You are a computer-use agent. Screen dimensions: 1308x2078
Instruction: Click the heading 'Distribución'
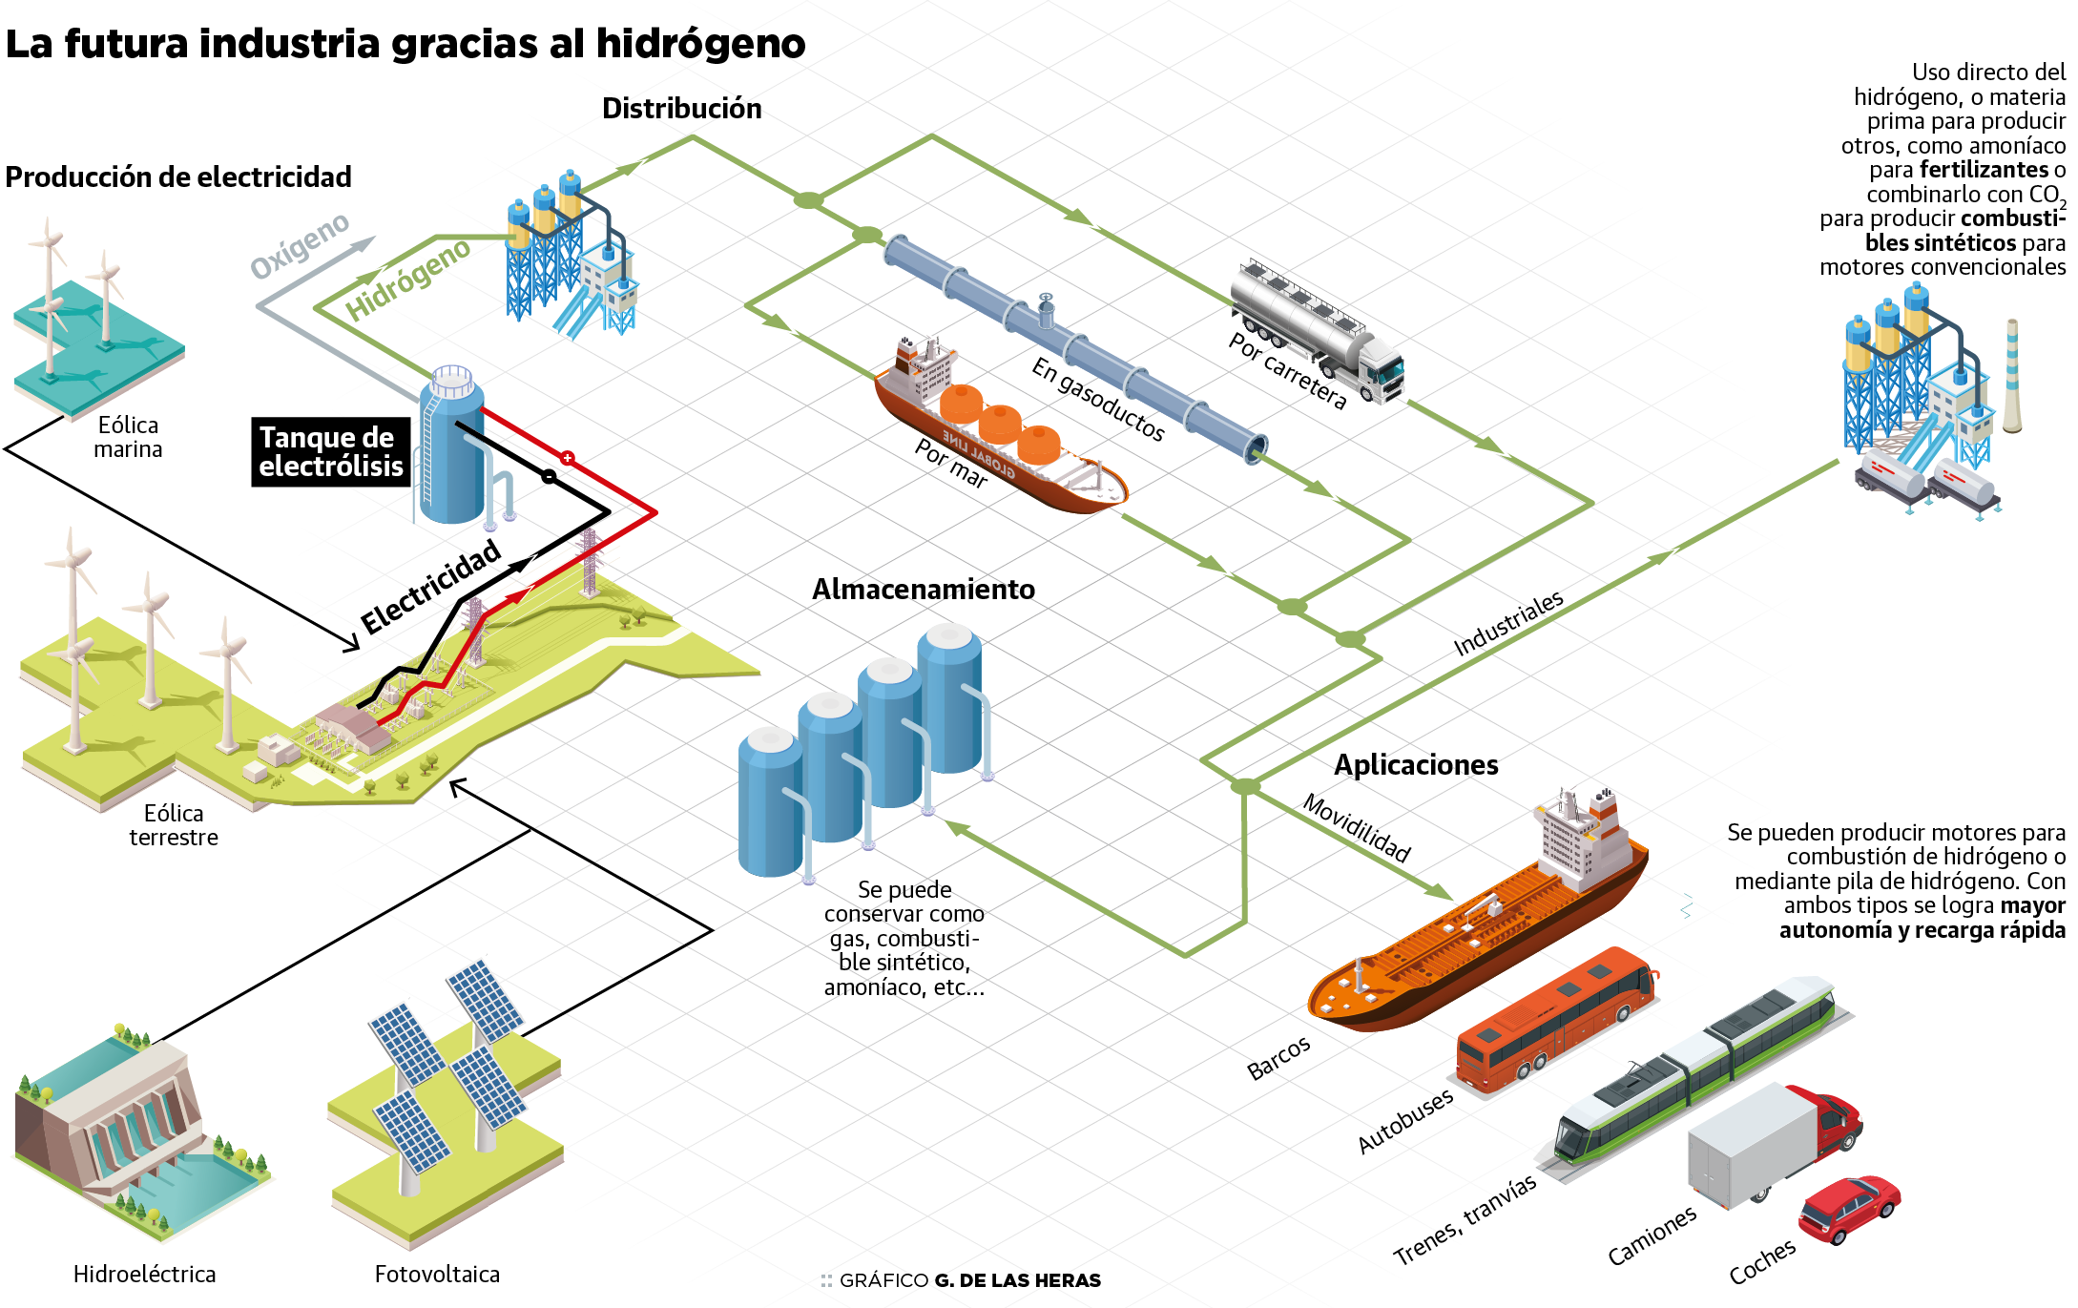681,109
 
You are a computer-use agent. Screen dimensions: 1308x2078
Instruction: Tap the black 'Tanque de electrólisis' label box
330,451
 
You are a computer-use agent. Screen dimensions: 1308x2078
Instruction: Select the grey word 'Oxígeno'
300,246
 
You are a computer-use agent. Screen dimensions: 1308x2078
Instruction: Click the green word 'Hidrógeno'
407,279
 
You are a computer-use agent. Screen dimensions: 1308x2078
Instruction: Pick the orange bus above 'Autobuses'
1555,1017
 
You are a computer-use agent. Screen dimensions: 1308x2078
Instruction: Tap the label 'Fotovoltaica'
437,1275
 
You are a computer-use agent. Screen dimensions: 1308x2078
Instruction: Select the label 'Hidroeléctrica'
145,1275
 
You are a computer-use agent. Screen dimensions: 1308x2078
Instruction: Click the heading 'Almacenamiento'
923,590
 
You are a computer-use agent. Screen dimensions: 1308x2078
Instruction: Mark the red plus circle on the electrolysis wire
567,458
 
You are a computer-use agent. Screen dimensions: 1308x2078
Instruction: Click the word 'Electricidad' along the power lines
430,586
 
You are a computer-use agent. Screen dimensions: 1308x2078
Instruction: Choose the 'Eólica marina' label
128,437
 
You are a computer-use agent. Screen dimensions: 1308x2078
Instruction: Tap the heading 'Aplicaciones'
1416,765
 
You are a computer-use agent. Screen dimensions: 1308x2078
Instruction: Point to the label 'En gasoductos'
1098,399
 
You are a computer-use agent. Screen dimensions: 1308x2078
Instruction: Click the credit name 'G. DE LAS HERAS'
1017,1280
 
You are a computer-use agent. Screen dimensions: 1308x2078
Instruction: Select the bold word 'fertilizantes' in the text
1984,170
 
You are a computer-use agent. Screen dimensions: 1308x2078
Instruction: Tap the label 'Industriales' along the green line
1507,623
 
